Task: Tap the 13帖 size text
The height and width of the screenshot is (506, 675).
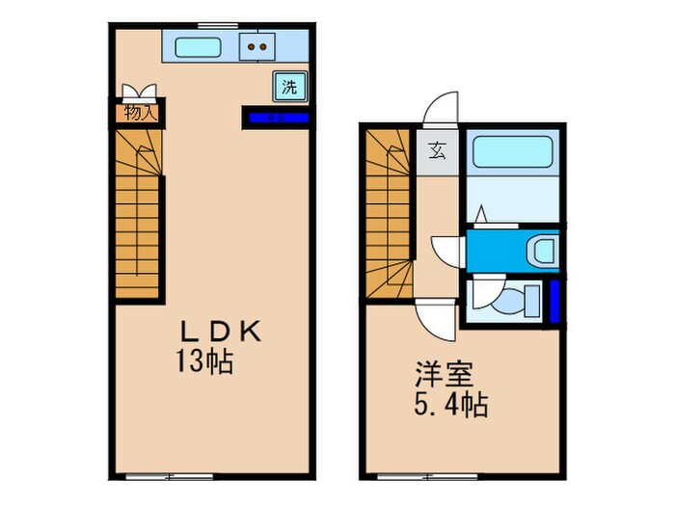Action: pos(205,363)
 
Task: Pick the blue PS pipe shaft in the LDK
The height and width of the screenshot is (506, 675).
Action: pos(275,119)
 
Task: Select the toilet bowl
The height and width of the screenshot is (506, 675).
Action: pos(516,302)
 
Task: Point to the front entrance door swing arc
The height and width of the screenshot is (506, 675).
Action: pos(441,108)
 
